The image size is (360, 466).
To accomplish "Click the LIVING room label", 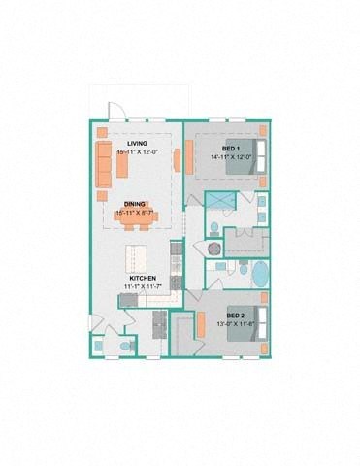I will (x=135, y=143).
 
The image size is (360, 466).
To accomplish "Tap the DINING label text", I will (x=135, y=203).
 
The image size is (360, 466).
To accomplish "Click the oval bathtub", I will (x=262, y=274).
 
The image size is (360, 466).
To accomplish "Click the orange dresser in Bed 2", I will (x=201, y=327).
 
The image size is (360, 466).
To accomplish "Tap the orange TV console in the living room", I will (x=177, y=159).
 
